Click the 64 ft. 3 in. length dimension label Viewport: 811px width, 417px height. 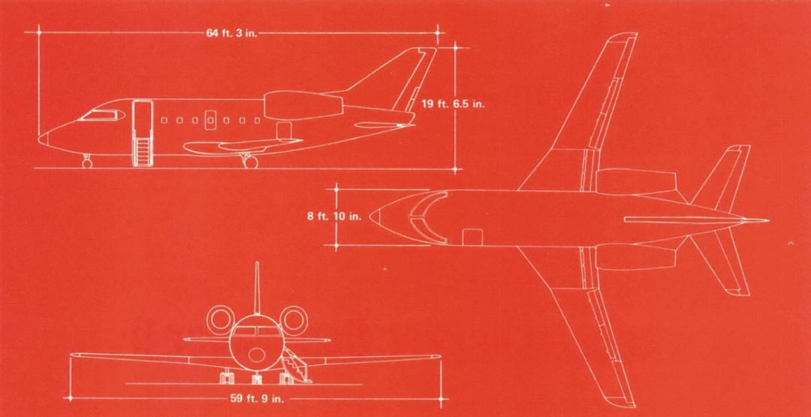pyautogui.click(x=231, y=33)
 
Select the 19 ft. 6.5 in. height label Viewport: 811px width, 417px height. pyautogui.click(x=453, y=104)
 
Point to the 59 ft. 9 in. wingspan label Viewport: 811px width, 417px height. pyautogui.click(x=253, y=398)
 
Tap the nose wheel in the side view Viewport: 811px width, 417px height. pyautogui.click(x=87, y=162)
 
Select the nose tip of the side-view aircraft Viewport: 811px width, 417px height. pyautogui.click(x=40, y=138)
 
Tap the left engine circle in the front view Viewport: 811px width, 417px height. pyautogui.click(x=221, y=319)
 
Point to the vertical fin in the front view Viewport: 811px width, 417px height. pyautogui.click(x=257, y=286)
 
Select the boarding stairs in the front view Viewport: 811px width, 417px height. pyautogui.click(x=296, y=367)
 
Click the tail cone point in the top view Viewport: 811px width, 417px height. pyautogui.click(x=767, y=221)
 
